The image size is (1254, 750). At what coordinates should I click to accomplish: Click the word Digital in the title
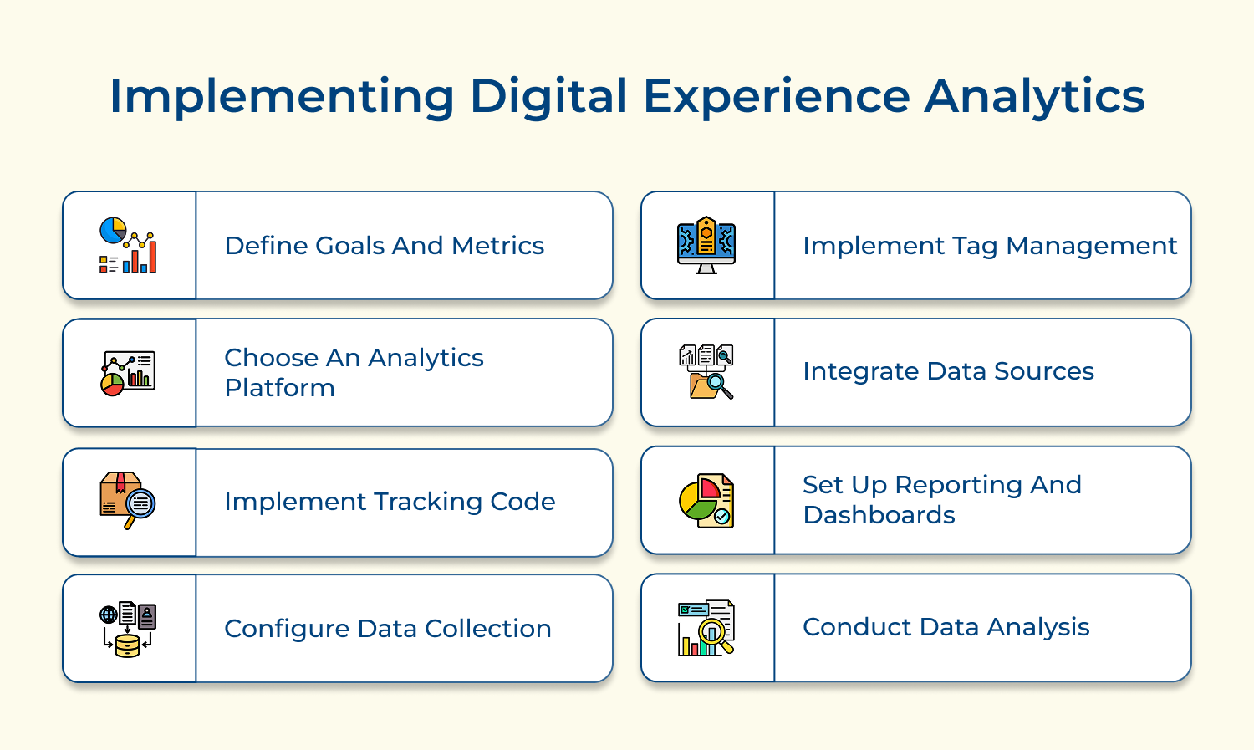point(548,97)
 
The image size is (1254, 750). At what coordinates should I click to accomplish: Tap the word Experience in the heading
point(777,97)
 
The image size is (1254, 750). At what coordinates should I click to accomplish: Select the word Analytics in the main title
point(1035,97)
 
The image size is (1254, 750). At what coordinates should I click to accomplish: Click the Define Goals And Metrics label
point(384,246)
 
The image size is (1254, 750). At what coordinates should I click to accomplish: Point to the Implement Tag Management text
point(990,247)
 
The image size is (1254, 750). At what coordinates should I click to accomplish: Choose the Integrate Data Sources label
point(948,371)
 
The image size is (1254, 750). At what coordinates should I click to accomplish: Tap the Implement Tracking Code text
point(390,502)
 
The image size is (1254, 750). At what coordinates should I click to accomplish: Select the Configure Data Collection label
point(387,629)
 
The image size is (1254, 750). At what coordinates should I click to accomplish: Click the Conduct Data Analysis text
point(946,627)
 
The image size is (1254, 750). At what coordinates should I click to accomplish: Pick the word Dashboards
point(879,515)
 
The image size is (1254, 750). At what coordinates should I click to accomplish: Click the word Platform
point(279,388)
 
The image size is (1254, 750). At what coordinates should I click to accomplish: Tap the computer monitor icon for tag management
point(706,245)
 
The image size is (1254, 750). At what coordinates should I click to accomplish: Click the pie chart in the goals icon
point(113,230)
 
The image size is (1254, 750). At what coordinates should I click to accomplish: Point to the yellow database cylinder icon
point(128,645)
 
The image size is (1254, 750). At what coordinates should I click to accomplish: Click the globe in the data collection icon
point(109,615)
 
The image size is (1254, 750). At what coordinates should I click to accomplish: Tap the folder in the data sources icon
point(703,385)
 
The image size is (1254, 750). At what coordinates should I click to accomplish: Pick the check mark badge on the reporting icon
point(722,517)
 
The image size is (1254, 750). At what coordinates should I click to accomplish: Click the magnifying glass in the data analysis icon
point(714,635)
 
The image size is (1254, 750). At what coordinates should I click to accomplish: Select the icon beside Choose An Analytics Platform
point(128,373)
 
